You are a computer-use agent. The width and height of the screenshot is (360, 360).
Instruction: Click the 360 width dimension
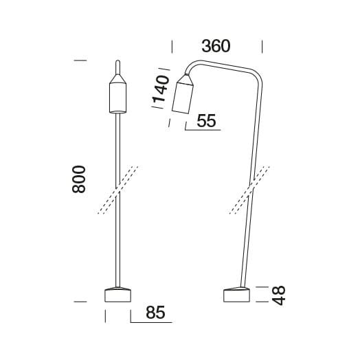coord(216,46)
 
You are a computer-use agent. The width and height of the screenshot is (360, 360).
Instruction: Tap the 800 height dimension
coord(79,179)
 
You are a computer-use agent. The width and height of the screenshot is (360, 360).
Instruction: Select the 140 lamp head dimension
coord(161,89)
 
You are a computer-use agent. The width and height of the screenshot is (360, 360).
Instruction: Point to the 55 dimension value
coord(206,121)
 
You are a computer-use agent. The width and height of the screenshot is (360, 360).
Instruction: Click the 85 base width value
coord(155,313)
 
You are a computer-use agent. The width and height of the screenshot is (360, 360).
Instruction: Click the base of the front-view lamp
coord(117,295)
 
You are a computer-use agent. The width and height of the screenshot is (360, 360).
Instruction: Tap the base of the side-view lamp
coord(236,295)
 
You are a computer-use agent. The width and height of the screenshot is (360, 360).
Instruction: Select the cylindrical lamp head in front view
coord(117,98)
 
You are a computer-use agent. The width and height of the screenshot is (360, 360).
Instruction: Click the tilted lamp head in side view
coord(183,98)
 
